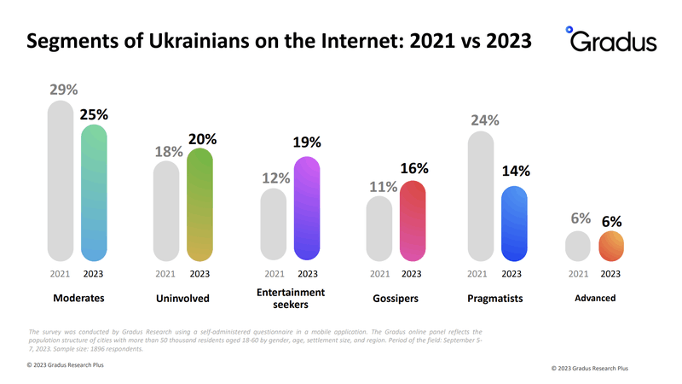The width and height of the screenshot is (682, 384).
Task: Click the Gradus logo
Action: click(611, 39)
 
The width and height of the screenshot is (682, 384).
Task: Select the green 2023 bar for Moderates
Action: click(94, 193)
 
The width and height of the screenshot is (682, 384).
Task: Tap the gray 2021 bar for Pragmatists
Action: click(481, 196)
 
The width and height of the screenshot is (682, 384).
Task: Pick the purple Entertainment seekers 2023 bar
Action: click(307, 208)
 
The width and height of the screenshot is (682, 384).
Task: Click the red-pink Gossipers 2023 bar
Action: click(413, 221)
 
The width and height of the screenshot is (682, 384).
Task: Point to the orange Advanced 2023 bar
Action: click(611, 246)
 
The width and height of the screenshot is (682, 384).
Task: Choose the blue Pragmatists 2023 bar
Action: click(514, 224)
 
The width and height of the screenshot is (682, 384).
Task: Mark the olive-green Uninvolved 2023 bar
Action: click(199, 205)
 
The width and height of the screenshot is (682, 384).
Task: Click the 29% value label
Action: click(63, 90)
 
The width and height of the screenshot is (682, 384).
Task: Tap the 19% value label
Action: click(307, 143)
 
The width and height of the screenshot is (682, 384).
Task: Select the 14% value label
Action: click(516, 172)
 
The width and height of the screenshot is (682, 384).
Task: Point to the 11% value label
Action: click(383, 187)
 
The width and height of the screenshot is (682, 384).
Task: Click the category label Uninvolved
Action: click(182, 298)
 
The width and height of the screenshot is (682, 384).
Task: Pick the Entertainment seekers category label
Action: click(291, 298)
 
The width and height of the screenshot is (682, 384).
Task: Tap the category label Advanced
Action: click(595, 298)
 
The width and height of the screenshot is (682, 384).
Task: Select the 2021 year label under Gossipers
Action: click(379, 274)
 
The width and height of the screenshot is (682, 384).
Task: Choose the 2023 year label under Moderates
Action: click(93, 274)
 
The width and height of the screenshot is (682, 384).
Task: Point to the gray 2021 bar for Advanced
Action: click(578, 246)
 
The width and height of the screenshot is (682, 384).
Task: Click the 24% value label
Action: click(485, 120)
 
